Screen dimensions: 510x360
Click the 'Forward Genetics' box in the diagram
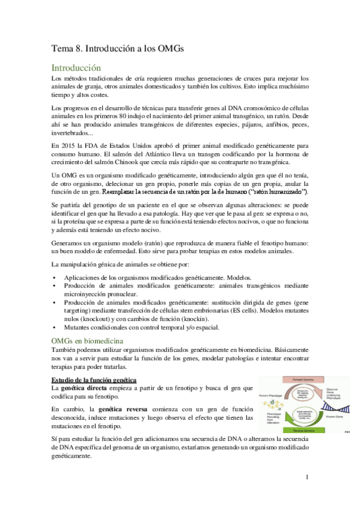[307, 381]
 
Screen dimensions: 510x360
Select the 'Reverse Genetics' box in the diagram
[306, 430]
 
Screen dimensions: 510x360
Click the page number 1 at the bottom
[307, 478]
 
